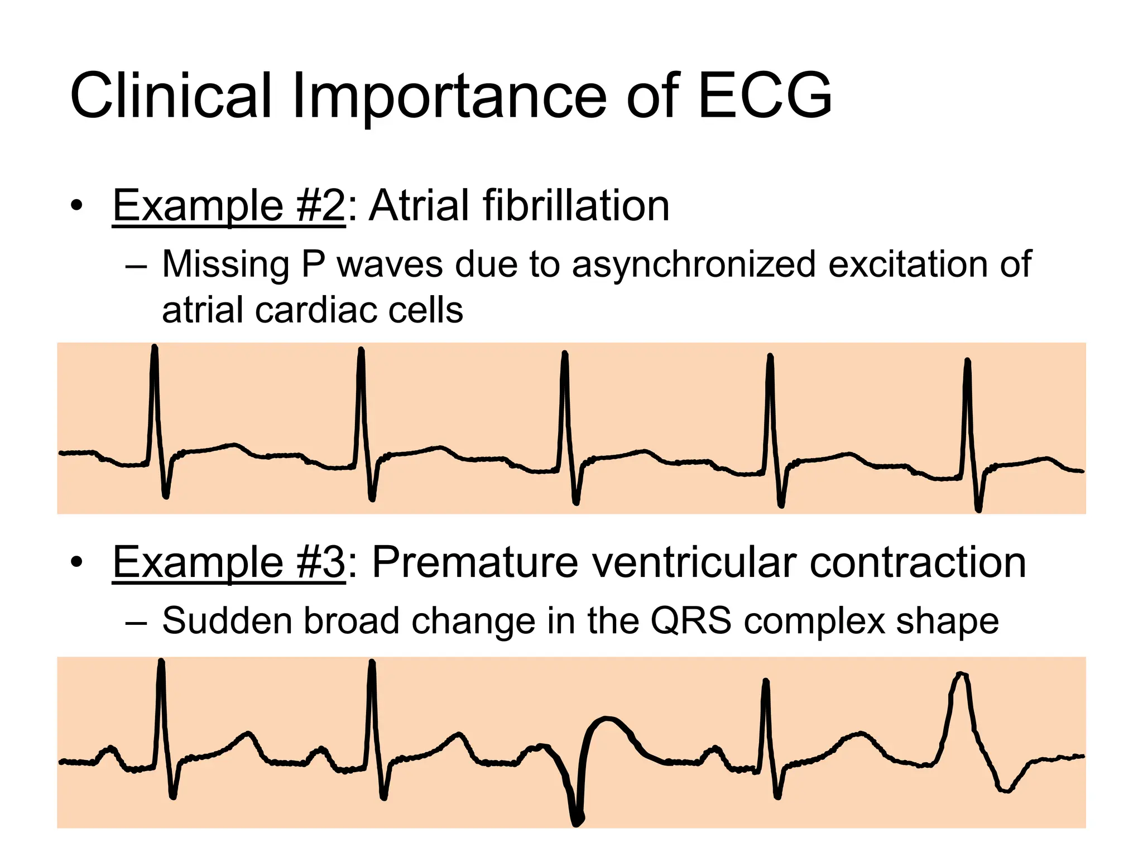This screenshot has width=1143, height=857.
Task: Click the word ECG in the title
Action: (765, 96)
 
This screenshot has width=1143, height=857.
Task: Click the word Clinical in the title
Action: (170, 96)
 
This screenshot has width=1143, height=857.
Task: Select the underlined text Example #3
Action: (229, 562)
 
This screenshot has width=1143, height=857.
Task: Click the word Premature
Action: (474, 562)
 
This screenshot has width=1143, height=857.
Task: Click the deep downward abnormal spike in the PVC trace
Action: (577, 817)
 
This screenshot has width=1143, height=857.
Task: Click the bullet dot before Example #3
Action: (76, 562)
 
